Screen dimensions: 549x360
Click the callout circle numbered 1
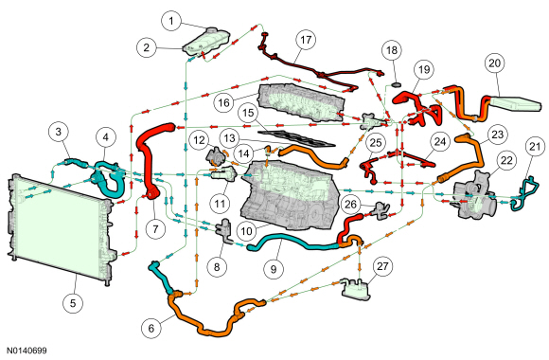click(x=171, y=21)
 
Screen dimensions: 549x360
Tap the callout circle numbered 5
click(x=73, y=303)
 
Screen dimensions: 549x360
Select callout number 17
click(x=306, y=40)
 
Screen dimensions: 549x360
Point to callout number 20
click(x=494, y=63)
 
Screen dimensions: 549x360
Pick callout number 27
click(x=382, y=266)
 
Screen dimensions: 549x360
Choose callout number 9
click(x=274, y=269)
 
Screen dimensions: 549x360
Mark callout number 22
click(x=506, y=160)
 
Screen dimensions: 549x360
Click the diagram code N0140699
click(x=27, y=351)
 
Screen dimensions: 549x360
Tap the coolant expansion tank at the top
click(x=207, y=42)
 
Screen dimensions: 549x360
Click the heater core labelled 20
click(x=515, y=103)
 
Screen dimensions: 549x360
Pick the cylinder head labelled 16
click(x=301, y=102)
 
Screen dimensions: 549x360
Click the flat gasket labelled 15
click(x=296, y=138)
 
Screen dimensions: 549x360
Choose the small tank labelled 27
click(x=355, y=289)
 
